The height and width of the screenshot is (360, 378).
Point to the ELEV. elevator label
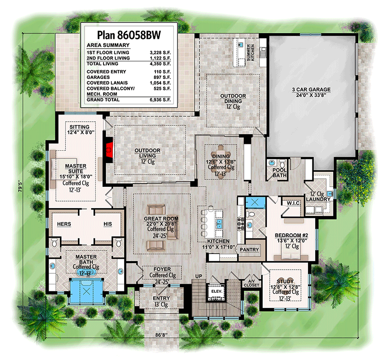point(216,292)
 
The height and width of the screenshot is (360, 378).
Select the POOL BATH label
point(280,172)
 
